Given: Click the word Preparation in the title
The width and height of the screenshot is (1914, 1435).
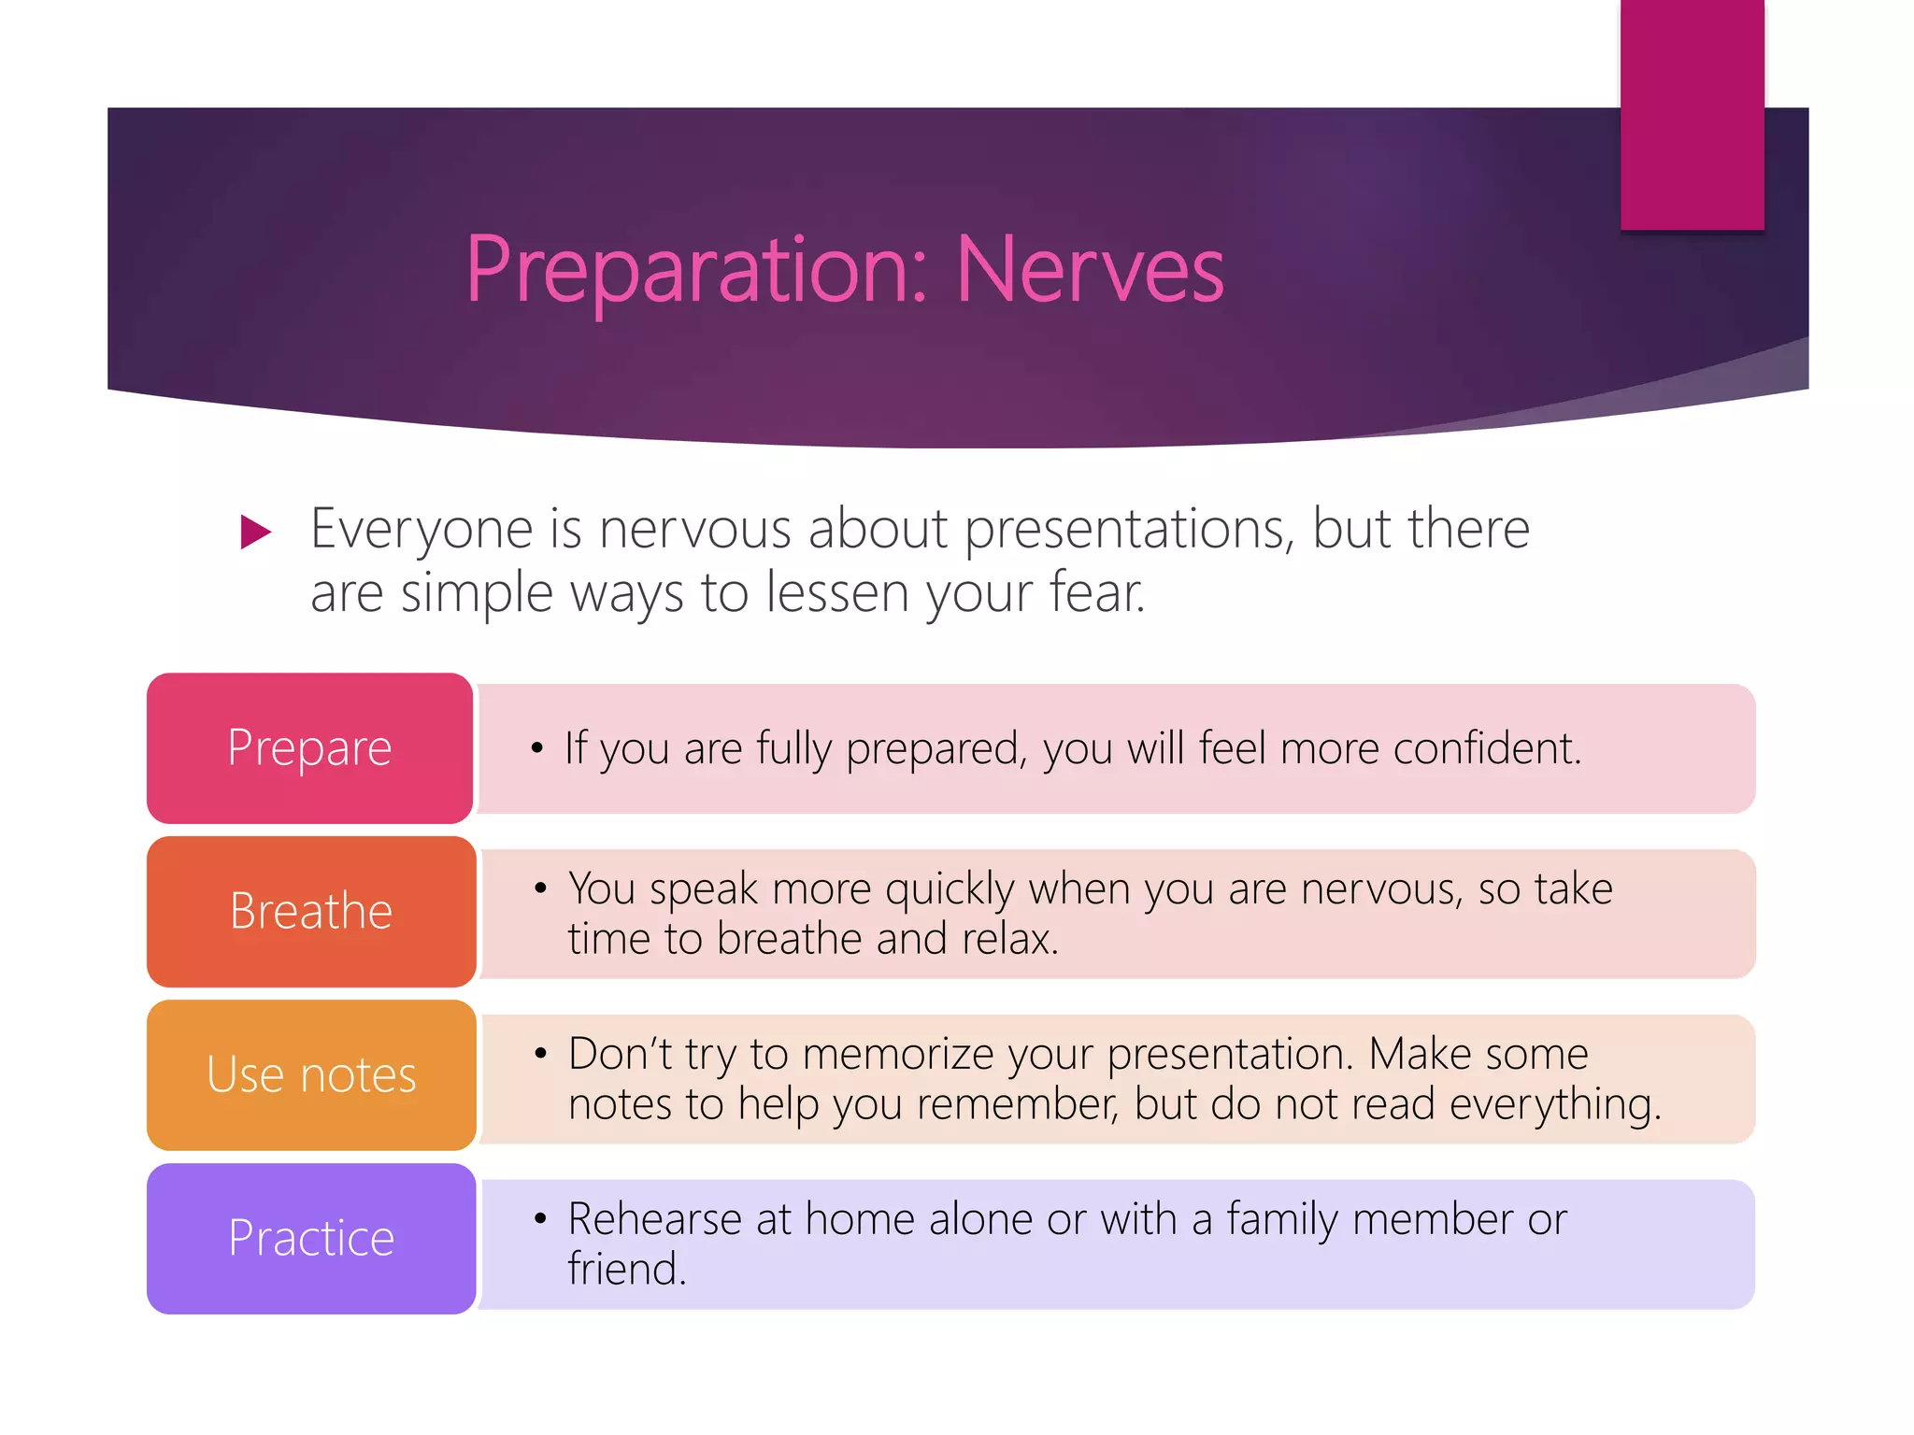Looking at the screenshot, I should coord(696,270).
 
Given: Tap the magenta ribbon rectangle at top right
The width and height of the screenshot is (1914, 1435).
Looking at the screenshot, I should coord(1692,114).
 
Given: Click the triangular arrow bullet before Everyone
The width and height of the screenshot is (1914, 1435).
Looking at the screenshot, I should coord(254,532).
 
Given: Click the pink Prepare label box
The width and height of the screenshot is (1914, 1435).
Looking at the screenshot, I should coord(309,747).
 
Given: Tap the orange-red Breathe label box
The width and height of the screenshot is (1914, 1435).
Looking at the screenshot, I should coord(311,911).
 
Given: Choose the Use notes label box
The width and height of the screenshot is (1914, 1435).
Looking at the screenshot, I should coord(311,1074).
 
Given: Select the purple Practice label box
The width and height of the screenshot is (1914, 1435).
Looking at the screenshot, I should coord(311,1238).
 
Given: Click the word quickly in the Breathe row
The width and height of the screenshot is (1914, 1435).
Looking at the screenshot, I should coord(949,888).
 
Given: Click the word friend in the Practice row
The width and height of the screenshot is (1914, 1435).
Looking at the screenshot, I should coord(624,1270).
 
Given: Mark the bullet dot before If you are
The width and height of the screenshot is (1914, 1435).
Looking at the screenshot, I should coord(536,748).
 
